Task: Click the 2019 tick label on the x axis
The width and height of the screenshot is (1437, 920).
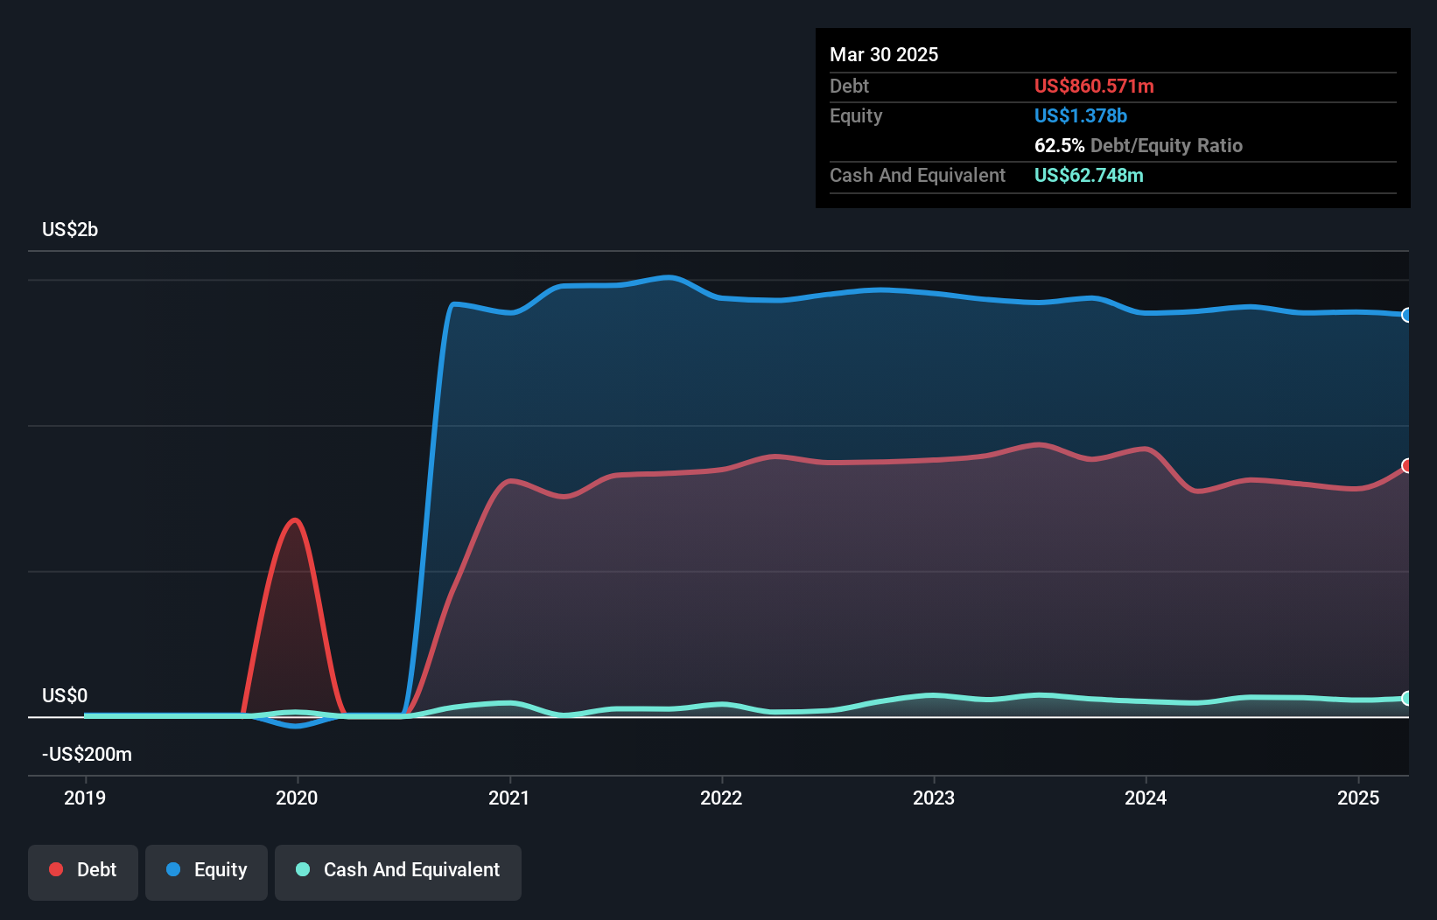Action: pos(85,798)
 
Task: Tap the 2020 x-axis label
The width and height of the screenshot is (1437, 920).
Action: pos(297,798)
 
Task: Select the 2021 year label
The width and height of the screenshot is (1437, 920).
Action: pos(509,798)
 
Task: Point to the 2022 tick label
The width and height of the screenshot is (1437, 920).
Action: pos(721,798)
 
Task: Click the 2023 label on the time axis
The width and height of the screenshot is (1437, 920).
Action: pos(934,798)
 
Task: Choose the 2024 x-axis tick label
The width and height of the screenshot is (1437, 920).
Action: pos(1146,798)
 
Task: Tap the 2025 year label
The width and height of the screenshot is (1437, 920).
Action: pos(1358,798)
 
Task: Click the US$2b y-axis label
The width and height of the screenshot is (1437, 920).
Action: pos(70,229)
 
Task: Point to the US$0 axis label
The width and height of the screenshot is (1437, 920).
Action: pos(65,695)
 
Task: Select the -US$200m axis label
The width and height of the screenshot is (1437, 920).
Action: pos(87,754)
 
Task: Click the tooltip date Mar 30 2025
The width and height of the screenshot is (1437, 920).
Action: pos(884,54)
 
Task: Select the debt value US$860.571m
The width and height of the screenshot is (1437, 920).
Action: pos(1095,86)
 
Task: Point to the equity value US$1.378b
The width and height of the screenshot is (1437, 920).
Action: pos(1081,116)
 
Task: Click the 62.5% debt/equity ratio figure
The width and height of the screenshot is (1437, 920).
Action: pos(1059,145)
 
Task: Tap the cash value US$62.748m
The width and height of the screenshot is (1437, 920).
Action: pos(1089,175)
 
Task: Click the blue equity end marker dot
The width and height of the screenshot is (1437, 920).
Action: pos(1406,315)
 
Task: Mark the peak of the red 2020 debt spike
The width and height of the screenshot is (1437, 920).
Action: pos(294,519)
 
